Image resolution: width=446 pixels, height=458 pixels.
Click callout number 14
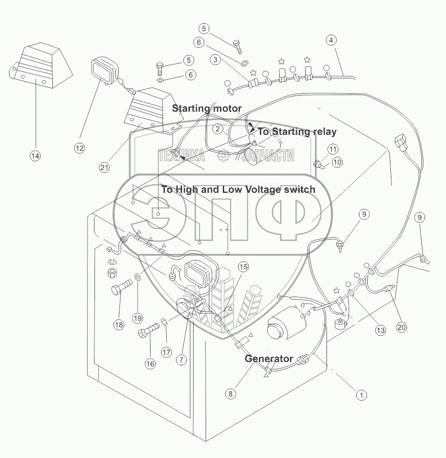tap(35, 156)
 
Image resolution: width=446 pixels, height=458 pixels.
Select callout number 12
tap(80, 148)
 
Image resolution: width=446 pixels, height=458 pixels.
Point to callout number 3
tap(214, 60)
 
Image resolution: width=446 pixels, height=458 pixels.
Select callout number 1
tap(361, 395)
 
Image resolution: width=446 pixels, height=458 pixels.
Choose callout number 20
tap(402, 327)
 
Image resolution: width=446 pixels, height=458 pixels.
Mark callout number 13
tap(380, 331)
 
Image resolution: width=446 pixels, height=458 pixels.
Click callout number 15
tap(244, 267)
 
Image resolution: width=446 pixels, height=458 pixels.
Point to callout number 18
tap(119, 324)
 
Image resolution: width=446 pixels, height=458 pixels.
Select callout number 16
tap(150, 363)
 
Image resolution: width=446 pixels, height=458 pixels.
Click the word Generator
tap(269, 358)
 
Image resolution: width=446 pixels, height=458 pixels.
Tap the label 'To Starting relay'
tap(297, 132)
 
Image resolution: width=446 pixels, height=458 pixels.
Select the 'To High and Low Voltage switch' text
tap(238, 189)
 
